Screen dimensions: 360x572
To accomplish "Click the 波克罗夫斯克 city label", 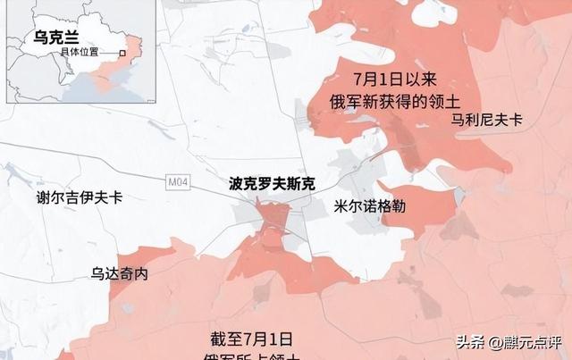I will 272,185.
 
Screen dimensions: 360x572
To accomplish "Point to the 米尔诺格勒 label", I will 369,205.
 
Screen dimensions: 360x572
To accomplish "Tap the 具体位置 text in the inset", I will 80,54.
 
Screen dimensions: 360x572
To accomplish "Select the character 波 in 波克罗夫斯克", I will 236,185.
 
